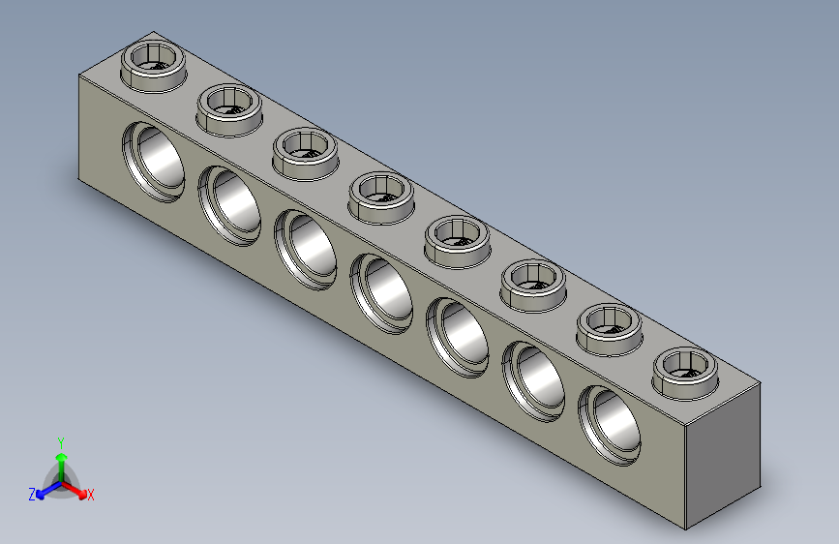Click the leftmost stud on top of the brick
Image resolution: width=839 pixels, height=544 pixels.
(x=153, y=66)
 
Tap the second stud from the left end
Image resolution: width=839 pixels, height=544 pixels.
(x=228, y=108)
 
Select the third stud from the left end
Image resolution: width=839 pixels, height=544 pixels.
(x=304, y=152)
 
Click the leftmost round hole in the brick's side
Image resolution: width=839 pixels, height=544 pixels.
(x=154, y=162)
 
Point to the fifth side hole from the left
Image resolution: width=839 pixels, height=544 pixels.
(x=458, y=335)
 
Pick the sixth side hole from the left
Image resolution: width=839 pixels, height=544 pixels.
(x=534, y=378)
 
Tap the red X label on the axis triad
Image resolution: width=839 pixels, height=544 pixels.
(x=91, y=496)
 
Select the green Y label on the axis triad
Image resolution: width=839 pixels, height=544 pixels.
(x=60, y=441)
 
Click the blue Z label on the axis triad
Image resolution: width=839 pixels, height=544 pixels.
(x=32, y=494)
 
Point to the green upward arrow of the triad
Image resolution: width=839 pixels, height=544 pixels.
(x=61, y=459)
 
